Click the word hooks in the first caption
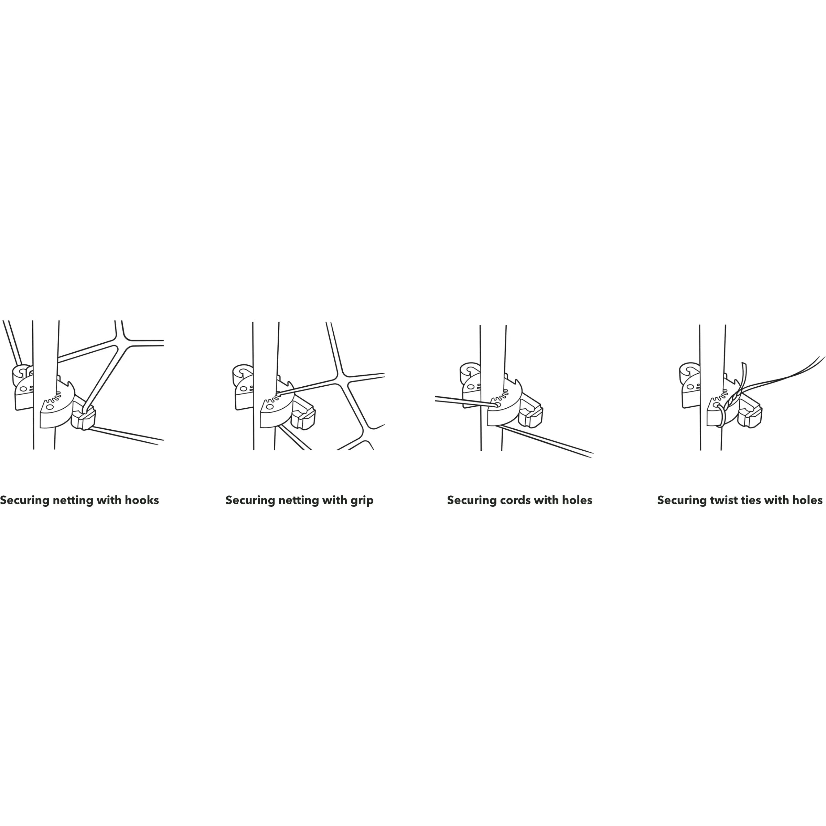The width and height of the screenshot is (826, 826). pos(142,500)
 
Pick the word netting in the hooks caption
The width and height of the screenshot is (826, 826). pos(73,501)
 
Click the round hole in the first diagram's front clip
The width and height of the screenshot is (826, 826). pos(50,407)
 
